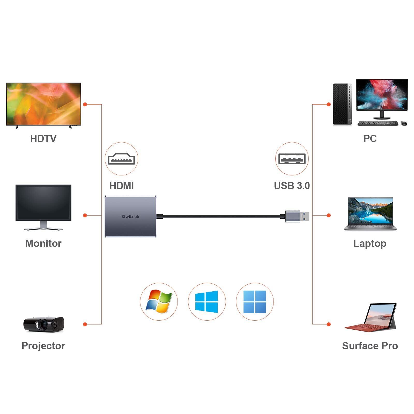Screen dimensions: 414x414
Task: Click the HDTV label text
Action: click(43, 138)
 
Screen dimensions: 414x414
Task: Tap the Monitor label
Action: click(43, 243)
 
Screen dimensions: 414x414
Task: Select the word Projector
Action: click(43, 346)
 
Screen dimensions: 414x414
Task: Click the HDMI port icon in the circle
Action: click(121, 159)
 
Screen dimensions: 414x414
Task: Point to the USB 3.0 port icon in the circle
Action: click(292, 159)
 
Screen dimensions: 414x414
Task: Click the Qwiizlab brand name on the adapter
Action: click(130, 216)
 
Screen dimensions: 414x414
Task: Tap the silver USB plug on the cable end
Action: click(297, 216)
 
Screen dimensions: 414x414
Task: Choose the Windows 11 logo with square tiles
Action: click(255, 301)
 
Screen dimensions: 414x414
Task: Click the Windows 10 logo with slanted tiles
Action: click(206, 301)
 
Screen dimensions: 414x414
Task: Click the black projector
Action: click(43, 324)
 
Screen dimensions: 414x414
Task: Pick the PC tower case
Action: click(342, 104)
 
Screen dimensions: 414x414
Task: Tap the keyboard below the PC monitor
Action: click(378, 123)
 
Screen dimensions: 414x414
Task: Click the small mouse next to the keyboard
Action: click(404, 123)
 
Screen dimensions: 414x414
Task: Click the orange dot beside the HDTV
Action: click(85, 104)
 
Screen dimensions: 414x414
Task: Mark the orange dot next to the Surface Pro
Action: click(329, 324)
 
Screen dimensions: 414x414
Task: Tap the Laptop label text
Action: click(370, 243)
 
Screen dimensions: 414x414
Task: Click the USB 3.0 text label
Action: click(292, 186)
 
